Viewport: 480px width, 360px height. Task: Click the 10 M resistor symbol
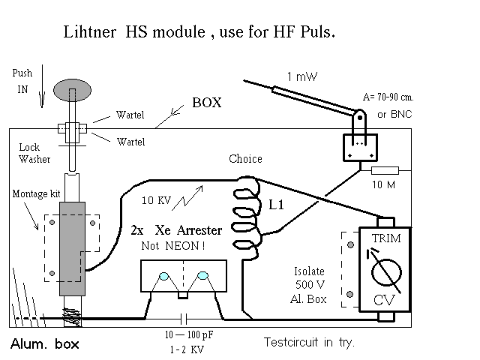click(384, 171)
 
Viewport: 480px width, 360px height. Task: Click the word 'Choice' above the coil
click(245, 159)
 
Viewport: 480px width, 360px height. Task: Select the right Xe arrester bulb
click(203, 278)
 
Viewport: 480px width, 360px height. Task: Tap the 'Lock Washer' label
click(30, 154)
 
